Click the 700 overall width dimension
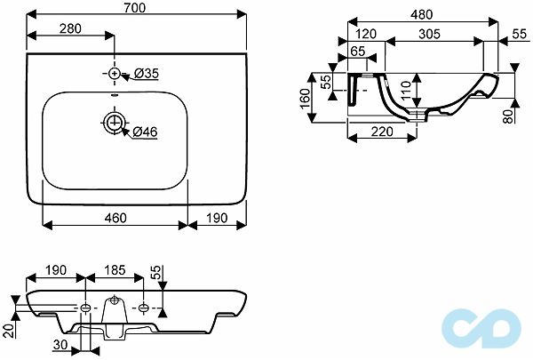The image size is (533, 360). tap(135, 7)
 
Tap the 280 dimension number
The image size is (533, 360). tap(70, 28)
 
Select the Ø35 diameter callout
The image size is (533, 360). tap(147, 73)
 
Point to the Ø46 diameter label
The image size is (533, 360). tap(145, 132)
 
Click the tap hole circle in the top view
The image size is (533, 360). tap(115, 73)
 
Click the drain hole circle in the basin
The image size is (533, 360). tap(115, 122)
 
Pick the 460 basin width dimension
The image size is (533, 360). tap(115, 218)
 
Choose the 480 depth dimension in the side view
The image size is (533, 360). tap(421, 14)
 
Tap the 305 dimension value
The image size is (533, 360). tap(429, 34)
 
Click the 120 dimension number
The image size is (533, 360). tap(366, 34)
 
